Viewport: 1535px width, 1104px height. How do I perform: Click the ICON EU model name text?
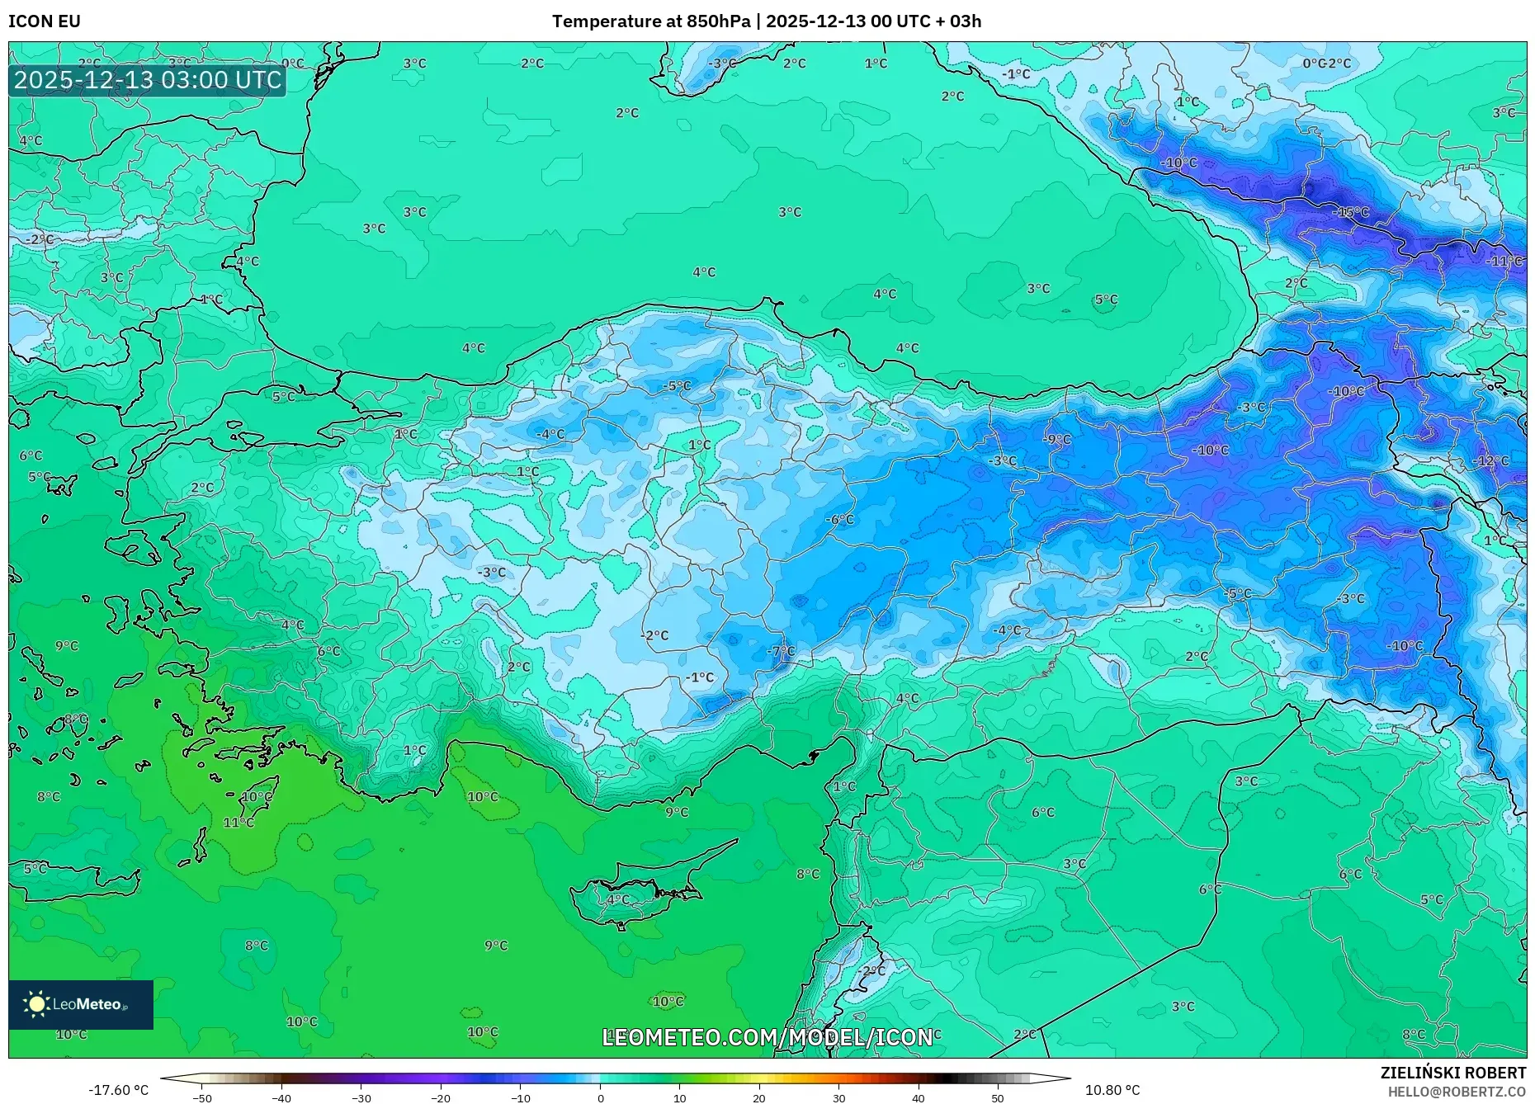pos(45,21)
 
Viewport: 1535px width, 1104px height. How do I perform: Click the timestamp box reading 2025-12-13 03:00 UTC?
pos(148,80)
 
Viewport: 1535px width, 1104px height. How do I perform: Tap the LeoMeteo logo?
pos(81,1004)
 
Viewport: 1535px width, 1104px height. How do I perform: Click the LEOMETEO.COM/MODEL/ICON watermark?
pos(767,1037)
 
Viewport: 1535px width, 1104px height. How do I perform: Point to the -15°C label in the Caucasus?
pos(1351,212)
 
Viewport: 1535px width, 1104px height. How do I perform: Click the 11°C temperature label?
pos(239,823)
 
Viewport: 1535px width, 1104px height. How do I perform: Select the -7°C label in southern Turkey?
pos(781,651)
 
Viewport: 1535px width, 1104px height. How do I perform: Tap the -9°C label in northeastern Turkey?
pos(1057,440)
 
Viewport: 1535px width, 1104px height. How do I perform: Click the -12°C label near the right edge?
pos(1490,461)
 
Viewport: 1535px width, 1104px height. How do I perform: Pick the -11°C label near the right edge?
pos(1504,261)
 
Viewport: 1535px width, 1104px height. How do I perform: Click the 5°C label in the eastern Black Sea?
pos(1106,300)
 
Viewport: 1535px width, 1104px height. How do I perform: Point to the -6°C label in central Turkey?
pos(840,519)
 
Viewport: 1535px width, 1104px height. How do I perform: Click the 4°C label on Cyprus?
pos(617,899)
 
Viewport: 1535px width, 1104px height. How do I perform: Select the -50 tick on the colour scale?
pos(202,1098)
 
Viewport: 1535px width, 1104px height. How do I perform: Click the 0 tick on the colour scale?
pos(600,1098)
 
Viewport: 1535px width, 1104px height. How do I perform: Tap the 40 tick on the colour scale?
pos(919,1098)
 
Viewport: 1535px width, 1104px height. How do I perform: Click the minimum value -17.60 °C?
pos(119,1090)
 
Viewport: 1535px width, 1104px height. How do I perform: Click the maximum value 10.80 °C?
pos(1112,1090)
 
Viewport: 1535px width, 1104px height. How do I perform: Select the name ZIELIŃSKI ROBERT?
pos(1452,1073)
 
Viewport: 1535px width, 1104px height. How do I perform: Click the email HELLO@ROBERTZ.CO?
pos(1457,1092)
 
